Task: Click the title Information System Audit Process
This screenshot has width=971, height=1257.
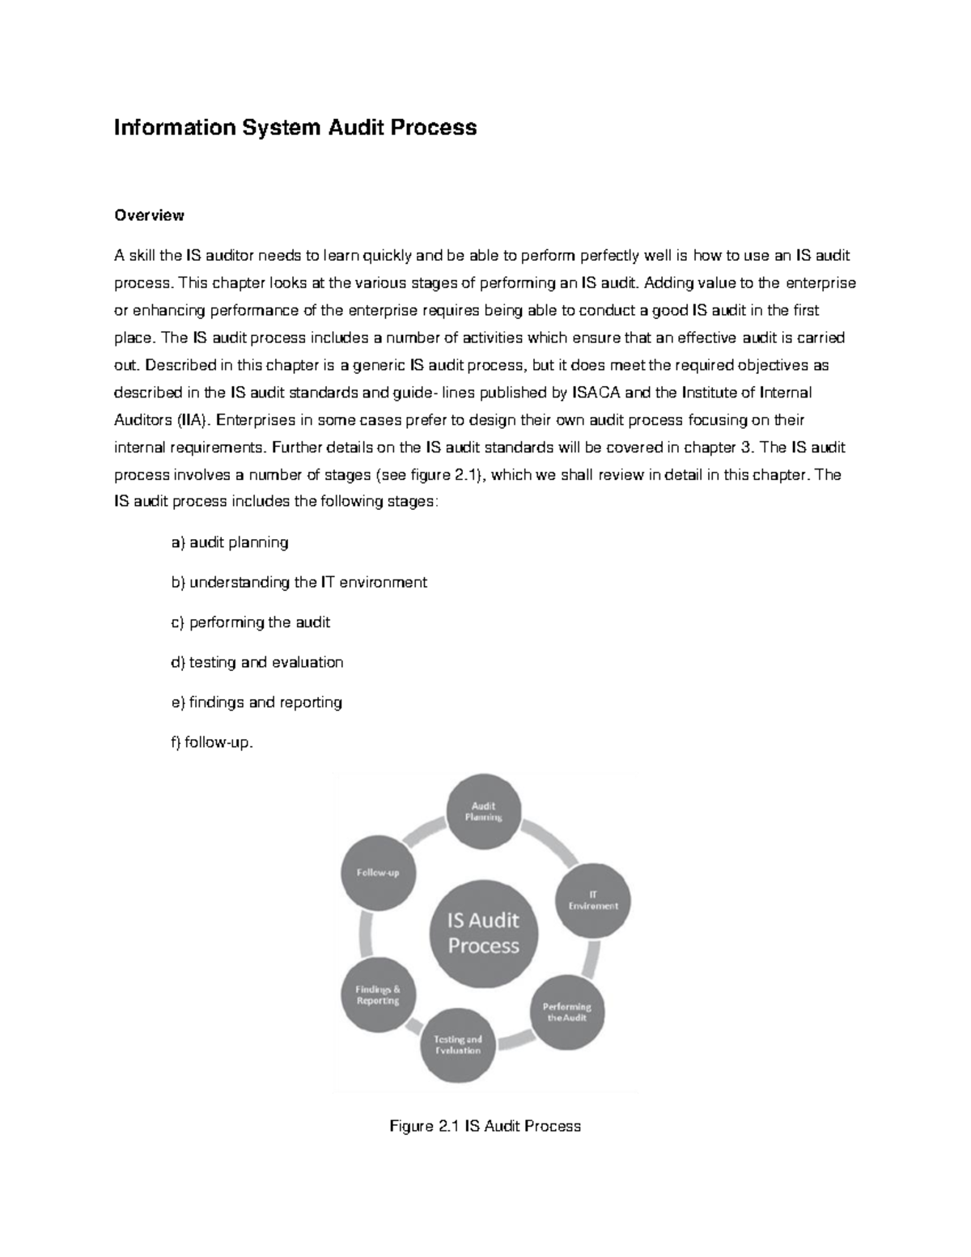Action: pos(295,128)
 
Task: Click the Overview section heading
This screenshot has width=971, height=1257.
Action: pos(149,215)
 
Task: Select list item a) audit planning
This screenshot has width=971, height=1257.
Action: pos(230,542)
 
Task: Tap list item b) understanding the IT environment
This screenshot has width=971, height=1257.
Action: pos(299,582)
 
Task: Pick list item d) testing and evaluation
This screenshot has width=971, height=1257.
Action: pos(257,662)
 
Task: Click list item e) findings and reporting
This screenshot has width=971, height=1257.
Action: pos(257,702)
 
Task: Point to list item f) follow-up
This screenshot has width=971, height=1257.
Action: pos(212,741)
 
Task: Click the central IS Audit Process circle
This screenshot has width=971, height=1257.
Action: pos(484,932)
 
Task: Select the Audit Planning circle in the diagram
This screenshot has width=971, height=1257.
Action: pos(484,811)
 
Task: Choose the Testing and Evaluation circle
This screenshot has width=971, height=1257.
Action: pos(457,1045)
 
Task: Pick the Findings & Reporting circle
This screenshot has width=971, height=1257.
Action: pos(378,995)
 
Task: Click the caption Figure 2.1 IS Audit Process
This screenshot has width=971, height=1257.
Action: pos(485,1126)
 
